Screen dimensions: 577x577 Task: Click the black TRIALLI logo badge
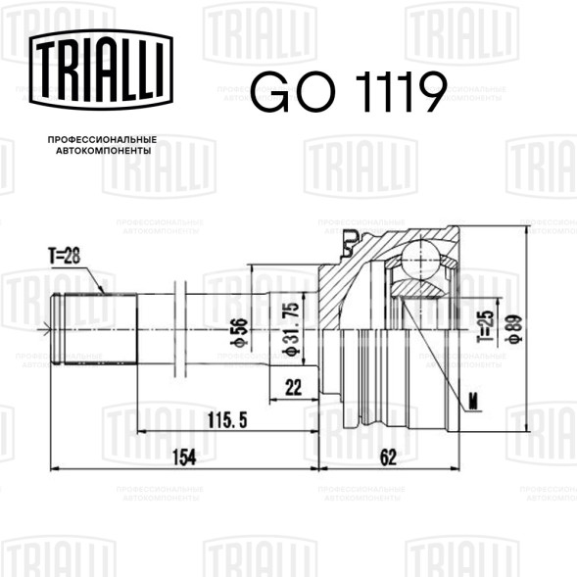pos(101,70)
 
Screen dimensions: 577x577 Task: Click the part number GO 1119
pos(349,92)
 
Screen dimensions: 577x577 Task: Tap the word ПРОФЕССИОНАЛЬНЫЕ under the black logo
pos(102,140)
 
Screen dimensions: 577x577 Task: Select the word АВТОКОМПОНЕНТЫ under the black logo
pos(104,151)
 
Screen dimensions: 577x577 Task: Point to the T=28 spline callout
pos(64,256)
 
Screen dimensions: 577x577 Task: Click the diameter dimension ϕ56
pos(239,332)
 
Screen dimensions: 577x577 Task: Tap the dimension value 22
pos(293,387)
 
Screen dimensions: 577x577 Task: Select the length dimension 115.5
pos(227,420)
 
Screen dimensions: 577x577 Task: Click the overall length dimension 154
pos(184,457)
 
